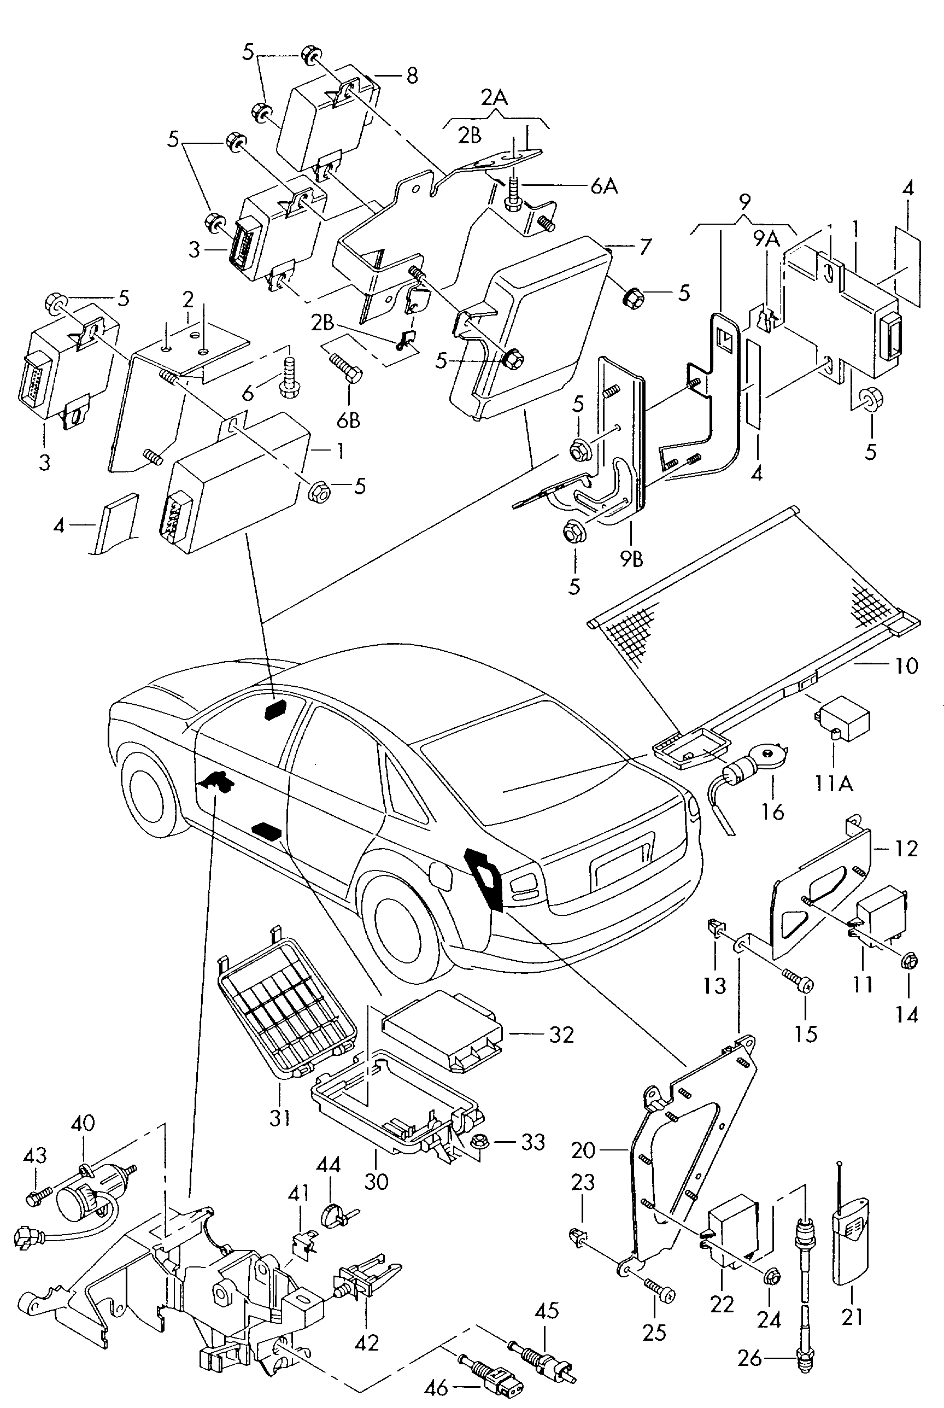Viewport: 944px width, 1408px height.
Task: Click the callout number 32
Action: pyautogui.click(x=561, y=1035)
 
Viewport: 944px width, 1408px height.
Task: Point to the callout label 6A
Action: pyautogui.click(x=604, y=186)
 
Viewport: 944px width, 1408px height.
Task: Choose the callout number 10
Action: pyautogui.click(x=906, y=665)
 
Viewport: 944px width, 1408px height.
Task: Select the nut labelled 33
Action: pyautogui.click(x=481, y=1140)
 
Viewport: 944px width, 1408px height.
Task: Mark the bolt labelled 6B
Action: pyautogui.click(x=345, y=367)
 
